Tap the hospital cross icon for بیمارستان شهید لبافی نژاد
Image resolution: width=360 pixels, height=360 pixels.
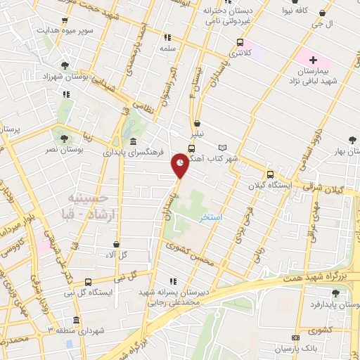click(x=312, y=61)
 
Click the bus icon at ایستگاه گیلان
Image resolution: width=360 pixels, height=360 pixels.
click(x=270, y=174)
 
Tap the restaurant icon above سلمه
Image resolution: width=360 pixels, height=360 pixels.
click(x=167, y=37)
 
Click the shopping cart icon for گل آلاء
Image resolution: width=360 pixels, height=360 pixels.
click(x=116, y=243)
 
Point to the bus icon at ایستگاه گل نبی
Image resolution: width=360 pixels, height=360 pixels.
click(x=88, y=281)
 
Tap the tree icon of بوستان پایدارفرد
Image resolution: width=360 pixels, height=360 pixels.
click(x=333, y=294)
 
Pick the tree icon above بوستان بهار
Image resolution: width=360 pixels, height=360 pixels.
click(x=352, y=140)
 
